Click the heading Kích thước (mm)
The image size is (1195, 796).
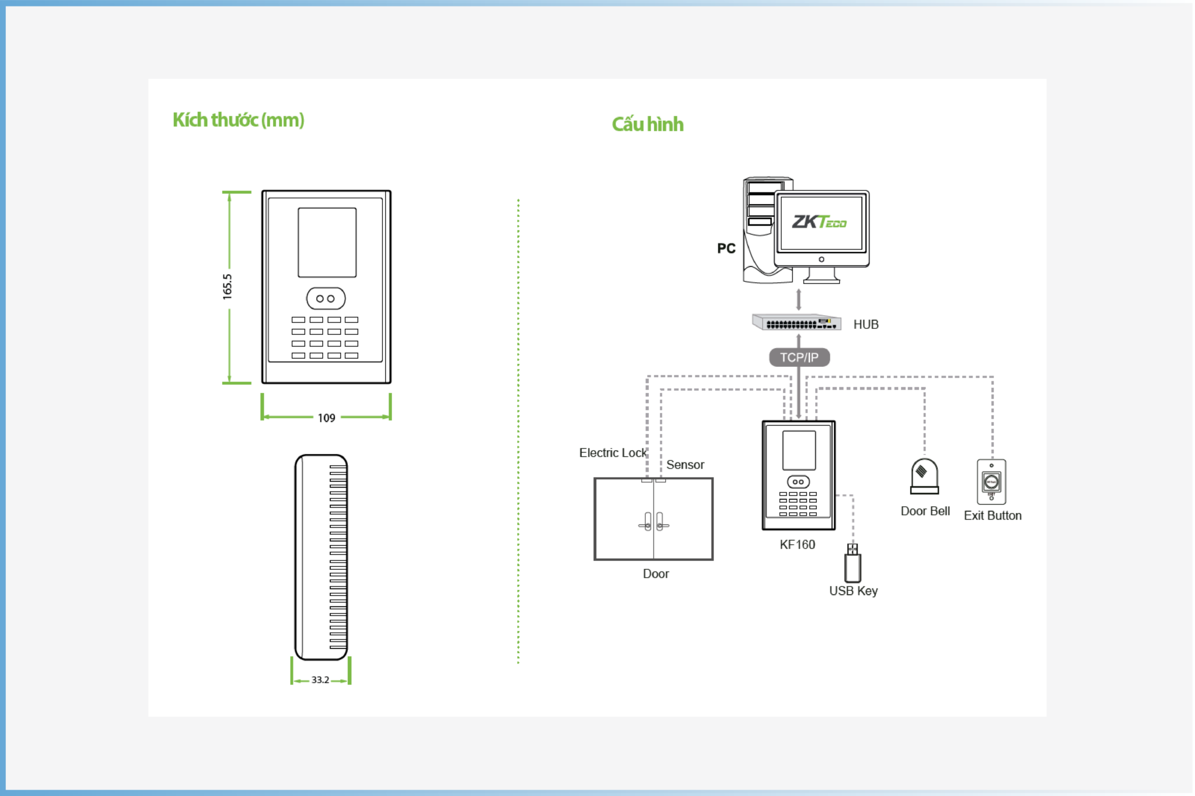tap(238, 120)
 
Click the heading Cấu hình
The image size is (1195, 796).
tap(648, 124)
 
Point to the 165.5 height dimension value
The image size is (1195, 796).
tap(227, 287)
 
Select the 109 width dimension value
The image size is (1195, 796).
tap(327, 418)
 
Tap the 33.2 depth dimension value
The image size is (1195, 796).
tap(320, 680)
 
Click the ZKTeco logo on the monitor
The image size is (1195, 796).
tap(819, 222)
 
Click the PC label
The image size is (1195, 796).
tap(726, 248)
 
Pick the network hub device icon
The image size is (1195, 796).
tap(796, 322)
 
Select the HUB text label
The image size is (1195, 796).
tap(866, 325)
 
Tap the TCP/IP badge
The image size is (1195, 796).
tap(799, 357)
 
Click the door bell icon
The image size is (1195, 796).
tap(925, 476)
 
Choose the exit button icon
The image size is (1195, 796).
tap(991, 482)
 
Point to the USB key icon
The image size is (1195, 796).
tap(853, 563)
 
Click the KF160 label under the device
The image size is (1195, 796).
tap(798, 545)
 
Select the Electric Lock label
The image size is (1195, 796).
tap(613, 453)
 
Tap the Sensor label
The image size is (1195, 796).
tap(685, 465)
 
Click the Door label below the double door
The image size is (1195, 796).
tap(656, 574)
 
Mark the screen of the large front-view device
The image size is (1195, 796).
tap(327, 243)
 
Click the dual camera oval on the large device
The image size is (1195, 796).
tap(326, 299)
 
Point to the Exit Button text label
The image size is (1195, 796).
tap(993, 516)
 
